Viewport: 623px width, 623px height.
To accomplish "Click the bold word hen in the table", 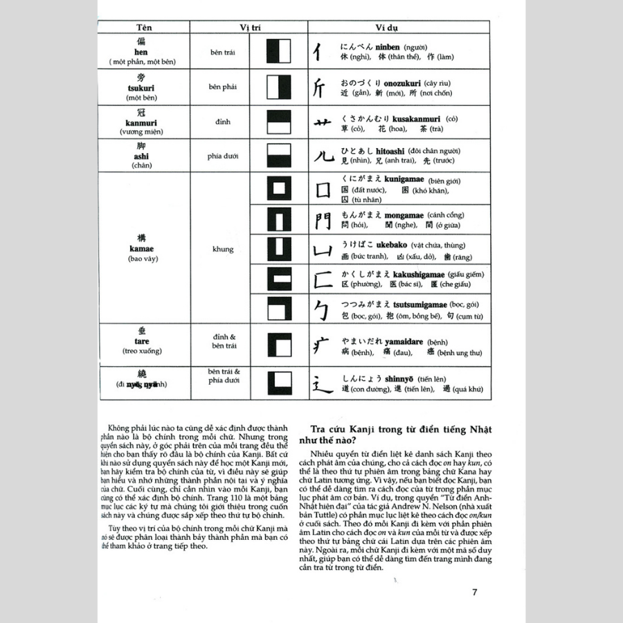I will point(141,52).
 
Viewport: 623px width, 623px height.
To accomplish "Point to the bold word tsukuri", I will point(141,88).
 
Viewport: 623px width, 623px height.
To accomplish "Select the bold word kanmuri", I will point(141,123).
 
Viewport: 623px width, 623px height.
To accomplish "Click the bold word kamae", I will point(141,249).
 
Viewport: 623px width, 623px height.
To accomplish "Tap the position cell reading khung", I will point(223,249).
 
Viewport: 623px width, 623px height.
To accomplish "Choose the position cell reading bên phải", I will point(223,87).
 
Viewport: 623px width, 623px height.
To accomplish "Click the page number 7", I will point(474,592).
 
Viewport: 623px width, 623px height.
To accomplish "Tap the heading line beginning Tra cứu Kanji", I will point(395,431).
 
